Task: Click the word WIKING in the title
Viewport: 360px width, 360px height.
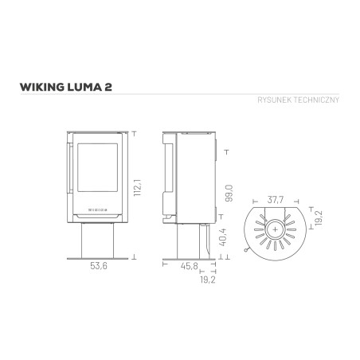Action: (x=42, y=87)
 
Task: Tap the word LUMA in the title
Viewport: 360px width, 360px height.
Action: (x=84, y=87)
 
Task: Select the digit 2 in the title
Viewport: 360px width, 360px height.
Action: (x=108, y=87)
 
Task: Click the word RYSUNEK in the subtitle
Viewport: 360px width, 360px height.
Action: (x=275, y=100)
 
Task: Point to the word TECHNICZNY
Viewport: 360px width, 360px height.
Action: (x=316, y=100)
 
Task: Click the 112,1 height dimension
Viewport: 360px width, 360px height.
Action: (x=138, y=188)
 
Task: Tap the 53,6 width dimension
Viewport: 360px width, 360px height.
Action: (x=99, y=266)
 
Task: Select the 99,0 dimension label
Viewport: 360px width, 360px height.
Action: (x=229, y=194)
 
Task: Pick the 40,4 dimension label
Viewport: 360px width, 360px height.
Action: (x=222, y=237)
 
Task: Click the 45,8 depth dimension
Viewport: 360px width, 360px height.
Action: (x=190, y=266)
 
